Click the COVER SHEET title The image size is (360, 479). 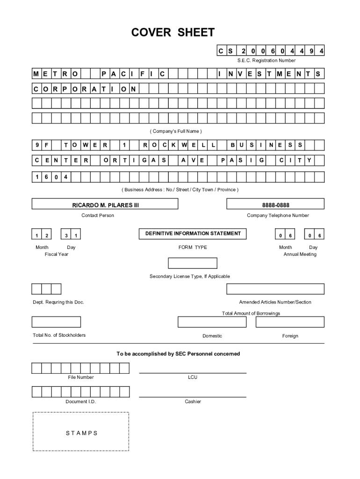[x=173, y=32]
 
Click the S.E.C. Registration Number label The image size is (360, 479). [x=266, y=60]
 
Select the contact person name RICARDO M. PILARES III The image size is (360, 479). [x=105, y=204]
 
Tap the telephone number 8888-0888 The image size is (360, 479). [x=275, y=204]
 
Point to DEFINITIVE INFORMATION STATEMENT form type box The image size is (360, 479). [x=193, y=233]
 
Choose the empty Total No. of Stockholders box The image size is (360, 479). [x=56, y=322]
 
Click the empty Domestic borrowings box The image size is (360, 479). [x=212, y=322]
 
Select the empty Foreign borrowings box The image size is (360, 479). [x=290, y=322]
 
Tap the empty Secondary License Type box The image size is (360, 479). [x=192, y=263]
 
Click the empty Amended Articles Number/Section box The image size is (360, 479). [x=275, y=289]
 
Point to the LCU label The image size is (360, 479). [x=193, y=377]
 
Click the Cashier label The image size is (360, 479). [x=193, y=401]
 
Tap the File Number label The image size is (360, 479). [x=80, y=377]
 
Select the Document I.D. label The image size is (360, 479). [x=80, y=401]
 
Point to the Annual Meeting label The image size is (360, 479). [x=300, y=254]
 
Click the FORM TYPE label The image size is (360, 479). [x=193, y=247]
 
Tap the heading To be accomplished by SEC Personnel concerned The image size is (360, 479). [x=178, y=354]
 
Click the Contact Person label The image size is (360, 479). [x=98, y=215]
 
